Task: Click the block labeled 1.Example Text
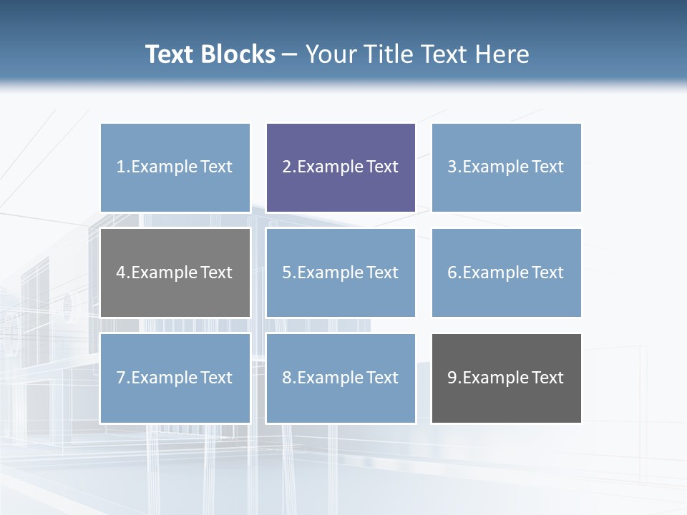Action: click(175, 167)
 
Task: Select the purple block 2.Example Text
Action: click(341, 167)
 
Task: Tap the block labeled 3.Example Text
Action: click(506, 167)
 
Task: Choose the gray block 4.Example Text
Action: click(175, 273)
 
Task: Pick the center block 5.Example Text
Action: click(341, 273)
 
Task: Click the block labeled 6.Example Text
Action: click(506, 273)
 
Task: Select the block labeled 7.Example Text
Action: click(175, 378)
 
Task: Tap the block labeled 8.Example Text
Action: click(341, 378)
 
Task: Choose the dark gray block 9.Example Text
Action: click(506, 378)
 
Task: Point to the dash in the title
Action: click(290, 55)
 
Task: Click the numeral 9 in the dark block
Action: click(452, 378)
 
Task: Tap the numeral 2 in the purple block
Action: click(286, 167)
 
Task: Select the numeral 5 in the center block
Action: click(286, 273)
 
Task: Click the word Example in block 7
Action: click(164, 378)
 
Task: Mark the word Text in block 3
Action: click(547, 167)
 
